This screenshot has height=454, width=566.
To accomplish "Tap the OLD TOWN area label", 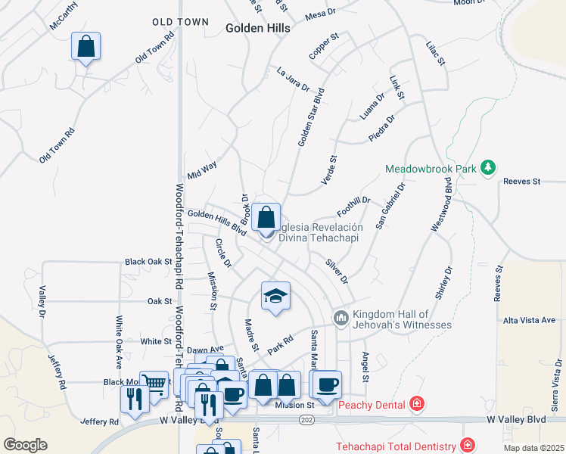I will tap(180, 22).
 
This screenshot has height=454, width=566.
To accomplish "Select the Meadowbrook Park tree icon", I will tap(489, 168).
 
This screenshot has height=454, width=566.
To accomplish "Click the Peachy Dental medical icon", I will tap(415, 405).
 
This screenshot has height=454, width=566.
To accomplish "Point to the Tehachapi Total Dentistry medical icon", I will tap(468, 445).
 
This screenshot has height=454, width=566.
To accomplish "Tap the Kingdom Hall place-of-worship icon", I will tap(341, 317).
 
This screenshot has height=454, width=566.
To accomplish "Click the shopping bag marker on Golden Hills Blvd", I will tap(266, 218).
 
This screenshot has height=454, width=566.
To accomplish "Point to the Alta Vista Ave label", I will tap(529, 321).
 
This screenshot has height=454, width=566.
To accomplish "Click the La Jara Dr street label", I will tap(294, 77).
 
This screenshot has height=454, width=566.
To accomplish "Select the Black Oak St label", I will tap(149, 262).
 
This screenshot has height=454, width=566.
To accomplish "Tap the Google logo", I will tap(25, 445).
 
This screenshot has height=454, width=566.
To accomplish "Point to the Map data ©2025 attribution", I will tap(533, 448).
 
